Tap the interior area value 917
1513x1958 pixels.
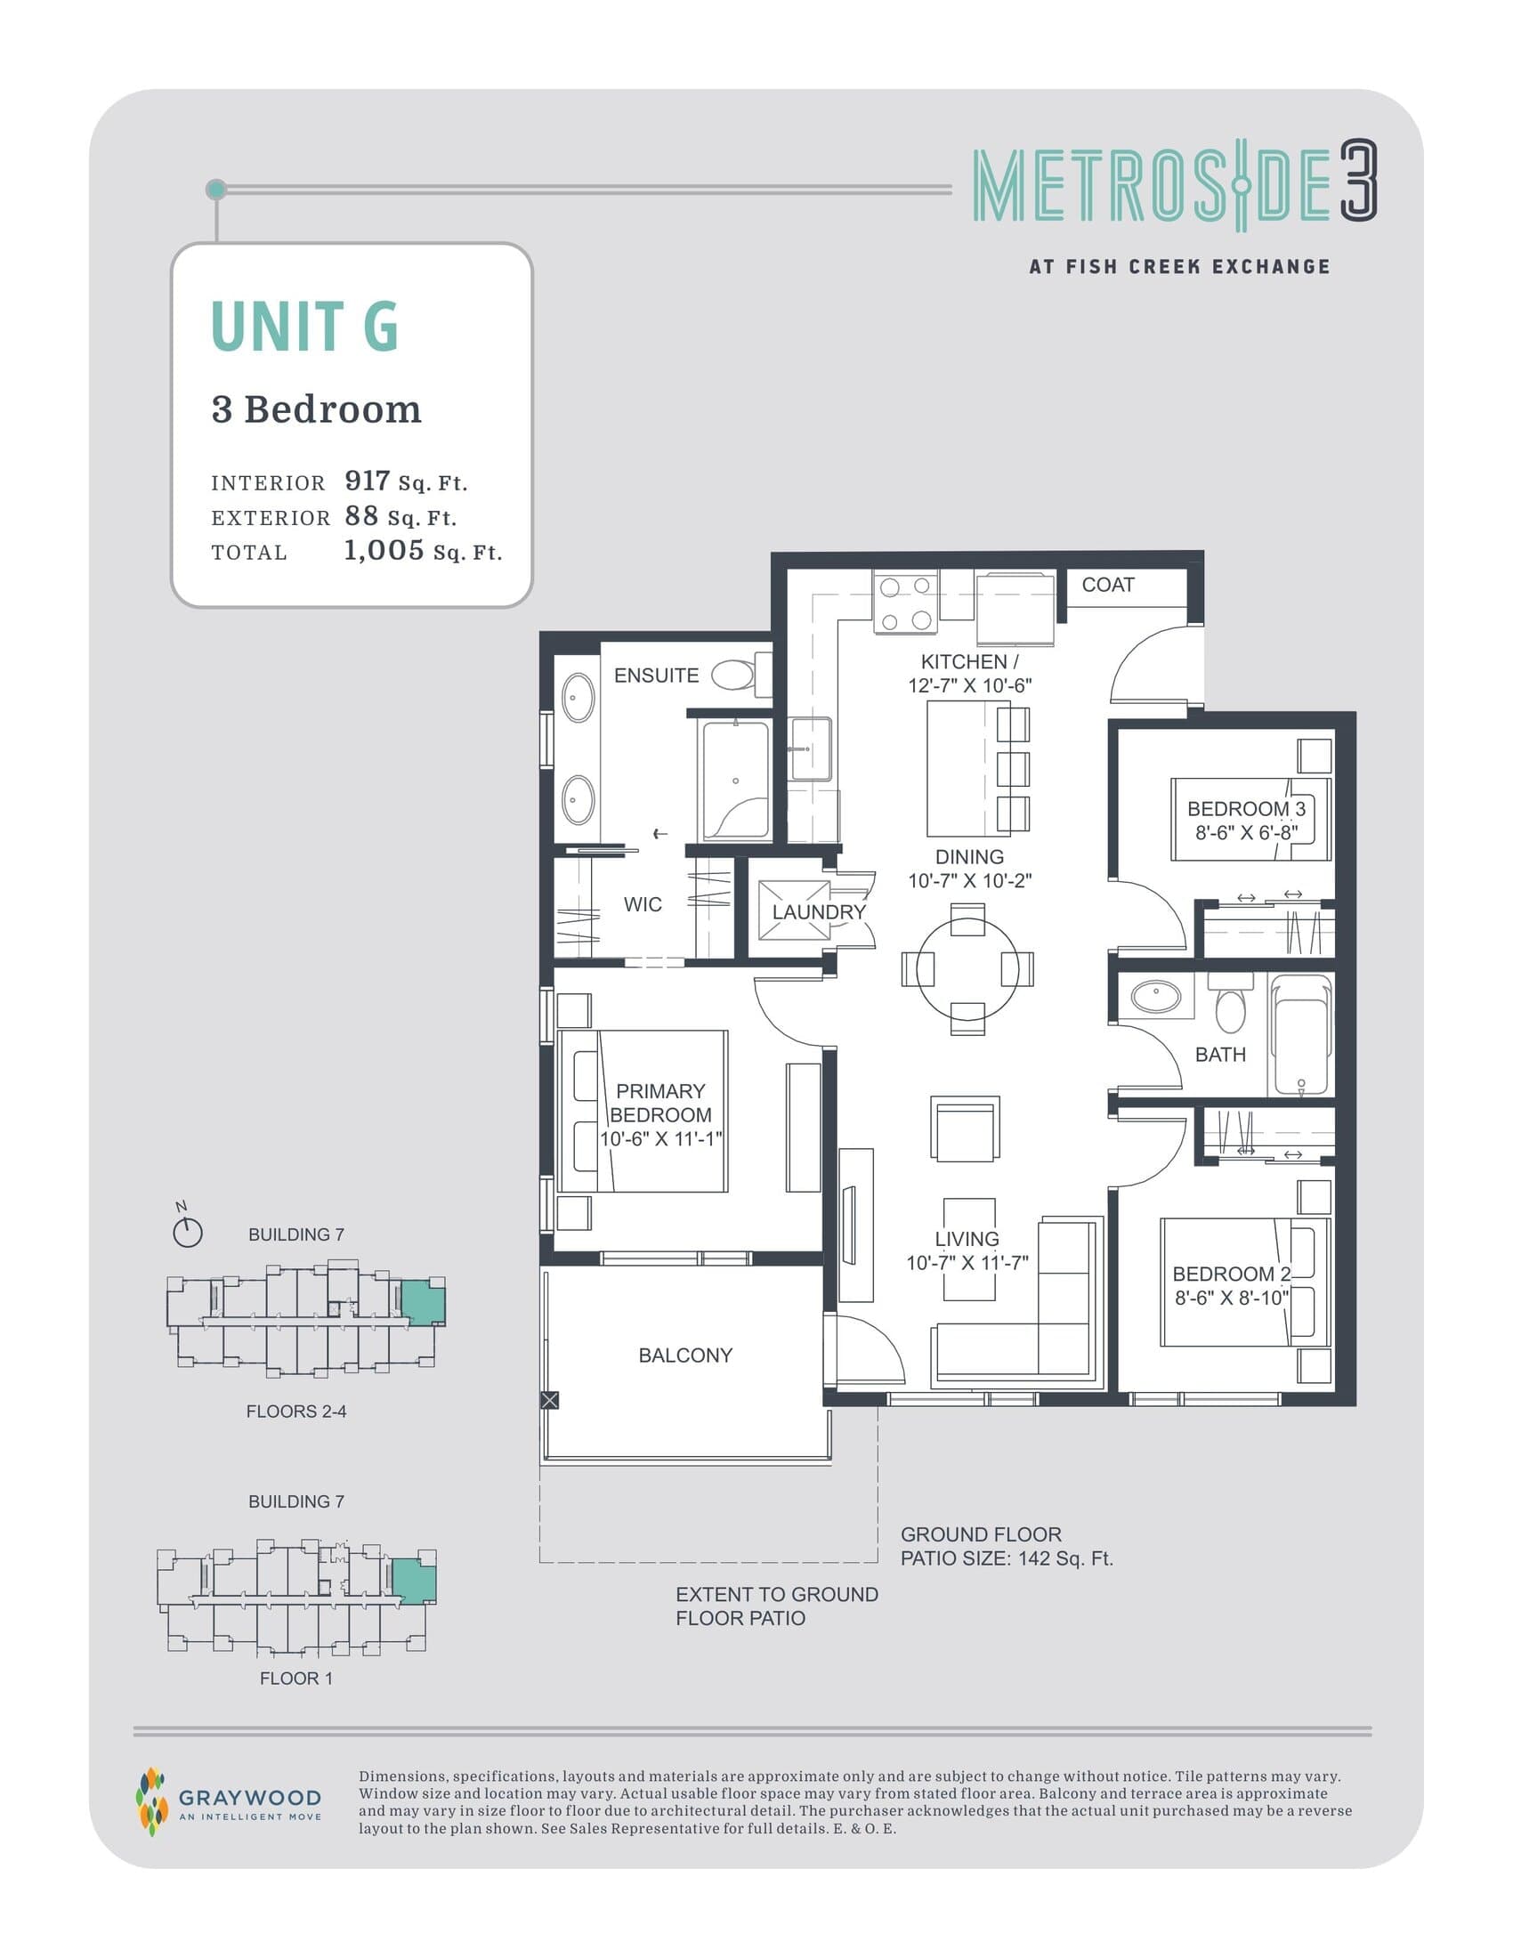[367, 481]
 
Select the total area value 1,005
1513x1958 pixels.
[384, 550]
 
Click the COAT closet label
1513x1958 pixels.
[1108, 585]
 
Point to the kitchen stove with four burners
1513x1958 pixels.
[905, 603]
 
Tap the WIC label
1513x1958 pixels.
[643, 904]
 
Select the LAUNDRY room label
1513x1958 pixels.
[818, 911]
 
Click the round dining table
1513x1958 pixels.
[967, 969]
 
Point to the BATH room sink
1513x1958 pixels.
[1156, 995]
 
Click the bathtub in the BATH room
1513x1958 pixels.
[1301, 1035]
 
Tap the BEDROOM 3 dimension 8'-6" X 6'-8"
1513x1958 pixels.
[1246, 833]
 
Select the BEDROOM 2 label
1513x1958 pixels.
[1231, 1274]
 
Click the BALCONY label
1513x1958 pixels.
[684, 1355]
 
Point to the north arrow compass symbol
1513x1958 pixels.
[187, 1233]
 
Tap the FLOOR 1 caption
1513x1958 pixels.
[295, 1679]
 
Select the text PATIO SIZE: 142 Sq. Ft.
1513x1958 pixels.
[1007, 1559]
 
